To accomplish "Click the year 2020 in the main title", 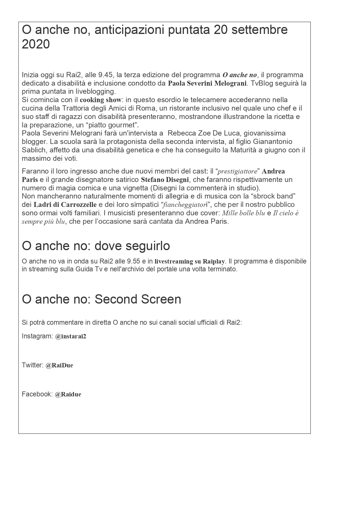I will (x=36, y=44).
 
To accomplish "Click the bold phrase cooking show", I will (x=100, y=100).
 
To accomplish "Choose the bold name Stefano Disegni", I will (x=165, y=179).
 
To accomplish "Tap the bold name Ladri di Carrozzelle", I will (x=65, y=205).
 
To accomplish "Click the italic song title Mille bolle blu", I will (x=243, y=213).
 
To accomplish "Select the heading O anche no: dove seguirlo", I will (x=96, y=246).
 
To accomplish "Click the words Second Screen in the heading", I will (x=138, y=299).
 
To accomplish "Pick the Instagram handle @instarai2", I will (x=70, y=336).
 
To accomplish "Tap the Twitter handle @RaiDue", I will (x=59, y=365).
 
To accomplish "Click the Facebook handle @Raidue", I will (x=68, y=394).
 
